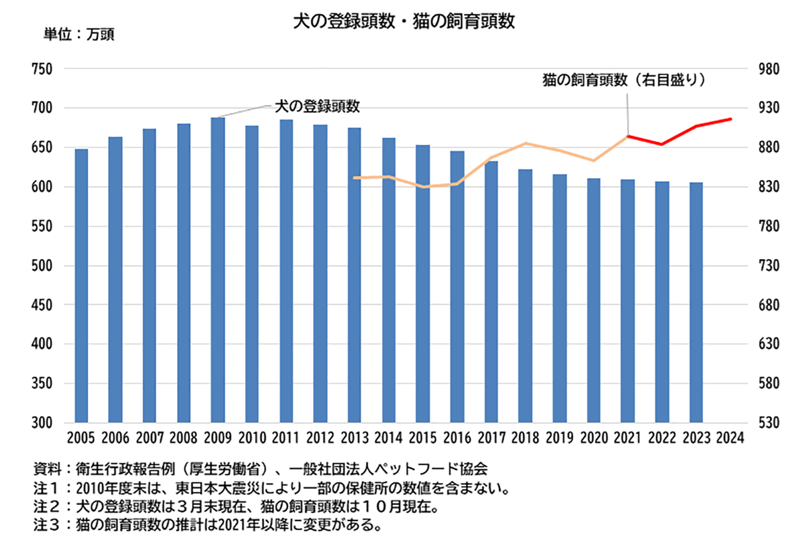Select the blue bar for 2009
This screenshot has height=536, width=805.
click(218, 269)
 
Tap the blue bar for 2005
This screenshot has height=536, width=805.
click(81, 285)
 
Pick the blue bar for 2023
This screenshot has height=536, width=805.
click(696, 302)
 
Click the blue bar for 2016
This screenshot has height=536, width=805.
click(457, 286)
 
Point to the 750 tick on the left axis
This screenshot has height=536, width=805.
click(42, 69)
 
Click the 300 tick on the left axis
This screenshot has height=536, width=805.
click(42, 423)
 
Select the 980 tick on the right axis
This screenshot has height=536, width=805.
click(768, 69)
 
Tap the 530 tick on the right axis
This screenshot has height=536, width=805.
click(768, 423)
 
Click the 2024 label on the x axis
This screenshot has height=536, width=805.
click(730, 438)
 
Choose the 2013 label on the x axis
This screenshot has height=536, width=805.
click(355, 438)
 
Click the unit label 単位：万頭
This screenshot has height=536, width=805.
click(78, 35)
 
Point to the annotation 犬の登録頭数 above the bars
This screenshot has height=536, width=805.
click(317, 107)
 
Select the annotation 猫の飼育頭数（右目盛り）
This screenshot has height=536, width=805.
click(624, 80)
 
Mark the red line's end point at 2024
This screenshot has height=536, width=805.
click(730, 119)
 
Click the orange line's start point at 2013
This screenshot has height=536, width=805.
click(355, 177)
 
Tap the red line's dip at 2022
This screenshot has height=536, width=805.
click(661, 144)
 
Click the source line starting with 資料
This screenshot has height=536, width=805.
click(260, 469)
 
